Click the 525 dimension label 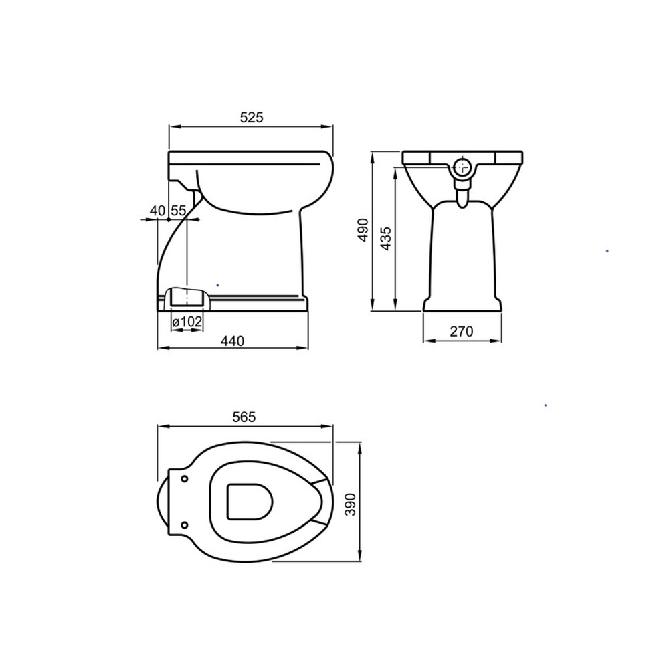[x=252, y=117]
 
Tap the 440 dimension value [x=233, y=341]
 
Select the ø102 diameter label [x=187, y=322]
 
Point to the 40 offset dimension [x=157, y=210]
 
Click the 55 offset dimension [x=179, y=210]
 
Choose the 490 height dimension [x=363, y=229]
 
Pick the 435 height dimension [x=385, y=239]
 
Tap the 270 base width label [x=462, y=331]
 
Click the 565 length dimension [x=244, y=417]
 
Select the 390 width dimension [x=351, y=504]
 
